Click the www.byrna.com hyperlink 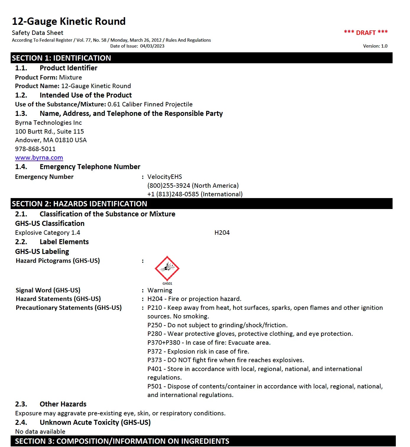coord(39,158)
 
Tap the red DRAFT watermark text coord(366,33)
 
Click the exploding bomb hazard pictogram coord(167,268)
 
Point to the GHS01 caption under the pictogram coord(167,284)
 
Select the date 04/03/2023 coord(152,46)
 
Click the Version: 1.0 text coord(375,46)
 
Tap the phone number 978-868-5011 coord(35,149)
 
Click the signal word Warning coord(160,290)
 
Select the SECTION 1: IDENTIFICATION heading coord(61,58)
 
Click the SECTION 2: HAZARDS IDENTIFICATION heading coord(79,204)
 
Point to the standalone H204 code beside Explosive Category coord(222,233)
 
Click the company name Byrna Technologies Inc coord(48,123)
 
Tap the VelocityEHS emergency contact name coord(165,177)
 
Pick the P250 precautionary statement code coord(154,325)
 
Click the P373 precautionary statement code coord(154,360)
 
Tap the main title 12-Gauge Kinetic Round coord(69,21)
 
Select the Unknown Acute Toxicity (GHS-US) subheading coord(95,422)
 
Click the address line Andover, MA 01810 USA coord(51,140)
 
